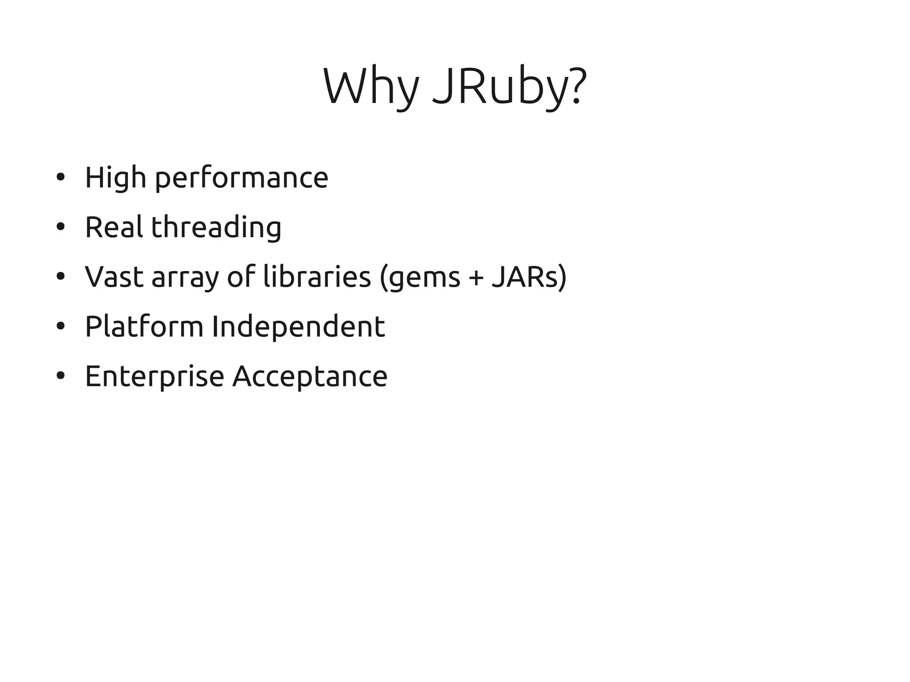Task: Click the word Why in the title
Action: [x=371, y=87]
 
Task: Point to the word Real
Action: [x=114, y=227]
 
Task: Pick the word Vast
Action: [x=114, y=277]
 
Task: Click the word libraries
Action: [x=317, y=277]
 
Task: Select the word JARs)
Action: [x=529, y=277]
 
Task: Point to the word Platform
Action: [x=144, y=327]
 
